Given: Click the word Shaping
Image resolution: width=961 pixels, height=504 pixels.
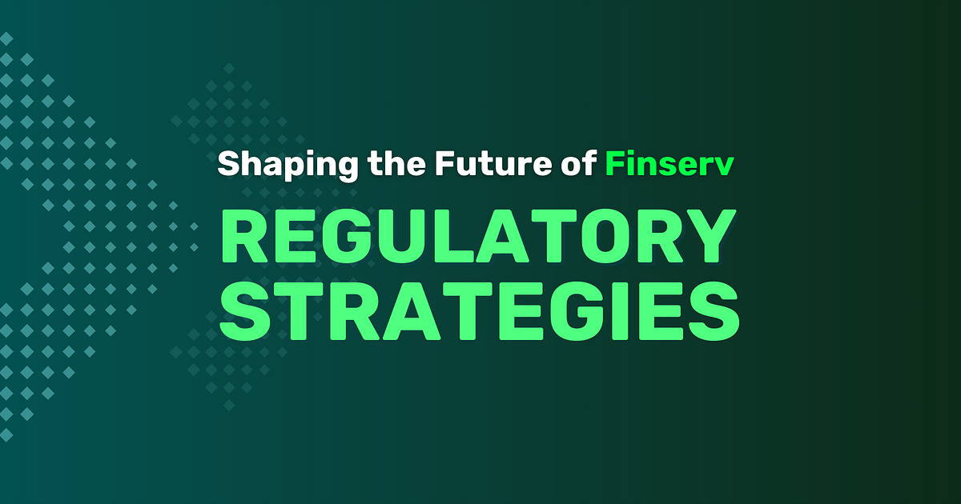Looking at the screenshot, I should tap(287, 165).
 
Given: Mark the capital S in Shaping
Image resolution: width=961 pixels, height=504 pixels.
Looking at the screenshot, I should tap(230, 164).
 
